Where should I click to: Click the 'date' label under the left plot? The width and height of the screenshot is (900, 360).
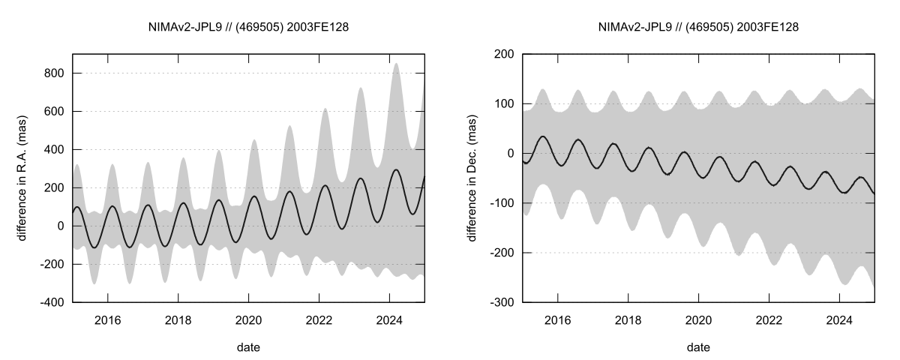click(x=248, y=347)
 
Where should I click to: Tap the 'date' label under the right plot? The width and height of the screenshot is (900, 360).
click(x=698, y=347)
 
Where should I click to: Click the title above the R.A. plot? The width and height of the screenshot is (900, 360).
click(x=248, y=27)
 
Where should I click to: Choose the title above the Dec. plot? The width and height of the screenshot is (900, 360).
click(x=698, y=27)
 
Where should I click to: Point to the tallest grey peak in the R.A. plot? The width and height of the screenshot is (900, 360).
click(x=397, y=64)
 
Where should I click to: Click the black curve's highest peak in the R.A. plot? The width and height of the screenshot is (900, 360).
click(x=397, y=169)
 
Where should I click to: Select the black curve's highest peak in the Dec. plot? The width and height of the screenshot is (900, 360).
click(x=543, y=136)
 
